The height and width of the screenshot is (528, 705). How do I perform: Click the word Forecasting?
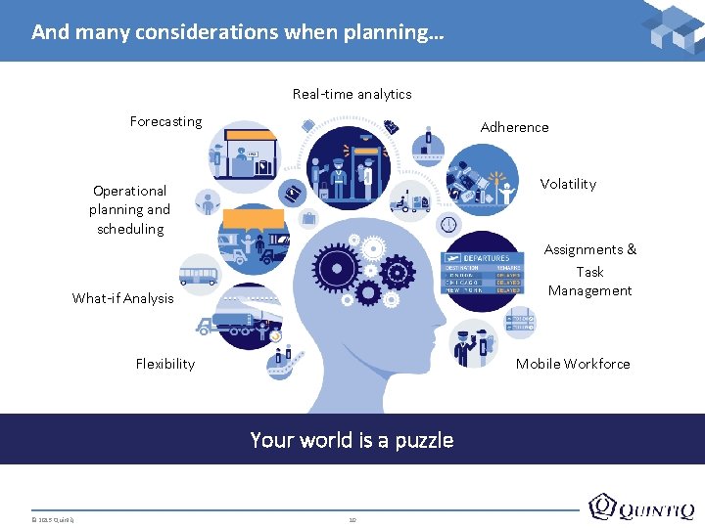165,121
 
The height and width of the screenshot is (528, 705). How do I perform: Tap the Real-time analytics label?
352,94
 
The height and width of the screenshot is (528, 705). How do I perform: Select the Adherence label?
514,127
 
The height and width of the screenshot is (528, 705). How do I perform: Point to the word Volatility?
568,184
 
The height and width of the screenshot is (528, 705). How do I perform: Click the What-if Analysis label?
122,298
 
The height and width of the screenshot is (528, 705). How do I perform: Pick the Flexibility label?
164,364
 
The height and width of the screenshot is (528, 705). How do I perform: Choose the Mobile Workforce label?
573,364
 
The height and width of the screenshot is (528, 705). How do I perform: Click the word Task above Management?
589,272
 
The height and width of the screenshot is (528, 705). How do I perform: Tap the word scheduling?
130,229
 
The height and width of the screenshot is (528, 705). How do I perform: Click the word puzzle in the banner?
424,440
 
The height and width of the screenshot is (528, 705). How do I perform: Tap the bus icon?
199,271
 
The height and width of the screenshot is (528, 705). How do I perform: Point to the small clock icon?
448,224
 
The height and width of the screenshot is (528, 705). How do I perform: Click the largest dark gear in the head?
337,264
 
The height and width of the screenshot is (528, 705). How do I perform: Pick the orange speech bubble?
253,218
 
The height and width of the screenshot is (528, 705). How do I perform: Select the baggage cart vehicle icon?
410,202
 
